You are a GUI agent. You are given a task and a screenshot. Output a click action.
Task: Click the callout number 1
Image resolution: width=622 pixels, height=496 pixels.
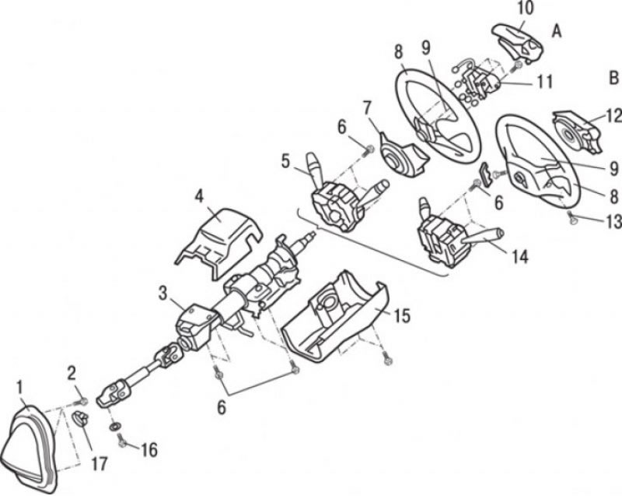point(20,388)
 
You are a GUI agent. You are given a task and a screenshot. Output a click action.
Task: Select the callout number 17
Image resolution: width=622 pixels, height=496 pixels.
point(100,463)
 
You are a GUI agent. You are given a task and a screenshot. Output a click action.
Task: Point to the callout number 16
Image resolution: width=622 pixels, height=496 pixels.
point(149,450)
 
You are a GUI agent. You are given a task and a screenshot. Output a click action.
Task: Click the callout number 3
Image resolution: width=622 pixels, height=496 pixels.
point(163,294)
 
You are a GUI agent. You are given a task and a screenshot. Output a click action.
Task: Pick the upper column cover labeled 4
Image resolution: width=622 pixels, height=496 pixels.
point(218,243)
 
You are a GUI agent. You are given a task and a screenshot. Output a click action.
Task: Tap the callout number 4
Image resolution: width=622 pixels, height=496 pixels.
point(199,196)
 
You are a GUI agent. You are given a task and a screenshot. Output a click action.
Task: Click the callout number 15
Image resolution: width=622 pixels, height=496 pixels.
point(402,315)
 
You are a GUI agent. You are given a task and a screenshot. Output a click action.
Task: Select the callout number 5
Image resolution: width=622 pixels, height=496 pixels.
point(286,162)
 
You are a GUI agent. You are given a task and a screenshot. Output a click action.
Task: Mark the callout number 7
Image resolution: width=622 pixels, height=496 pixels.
point(367,107)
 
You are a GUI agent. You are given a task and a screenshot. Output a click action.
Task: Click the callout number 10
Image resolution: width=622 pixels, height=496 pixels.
point(526,9)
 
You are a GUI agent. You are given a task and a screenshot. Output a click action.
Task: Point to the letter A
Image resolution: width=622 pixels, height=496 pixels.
point(557,30)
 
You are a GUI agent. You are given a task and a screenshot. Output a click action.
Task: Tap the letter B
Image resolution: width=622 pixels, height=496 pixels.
point(613,78)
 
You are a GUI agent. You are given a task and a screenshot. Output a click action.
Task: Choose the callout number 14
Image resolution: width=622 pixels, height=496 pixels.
point(520,256)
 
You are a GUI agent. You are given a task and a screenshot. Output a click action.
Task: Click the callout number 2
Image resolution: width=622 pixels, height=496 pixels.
point(72,373)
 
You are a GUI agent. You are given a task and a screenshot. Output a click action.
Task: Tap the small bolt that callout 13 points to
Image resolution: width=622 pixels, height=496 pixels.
point(571,216)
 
